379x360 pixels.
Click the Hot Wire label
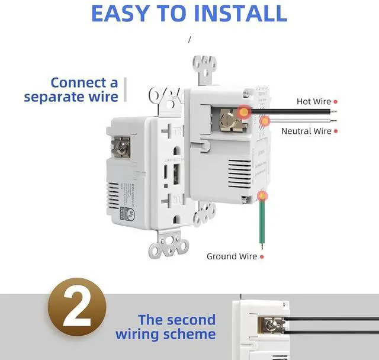[313, 102]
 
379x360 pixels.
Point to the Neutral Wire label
[306, 131]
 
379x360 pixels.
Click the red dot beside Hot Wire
[336, 102]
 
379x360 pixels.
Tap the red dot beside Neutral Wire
[336, 131]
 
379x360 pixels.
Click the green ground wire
[261, 225]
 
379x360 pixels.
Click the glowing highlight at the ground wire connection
[261, 195]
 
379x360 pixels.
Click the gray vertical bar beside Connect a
[125, 90]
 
